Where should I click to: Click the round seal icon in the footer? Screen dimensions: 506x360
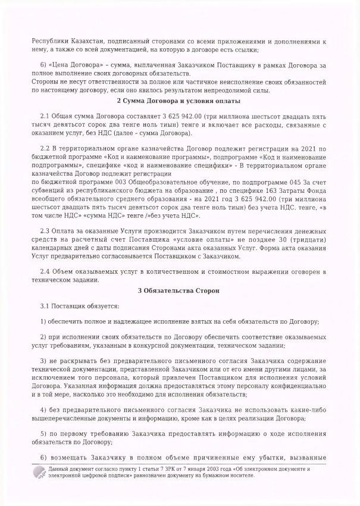coord(40,474)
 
